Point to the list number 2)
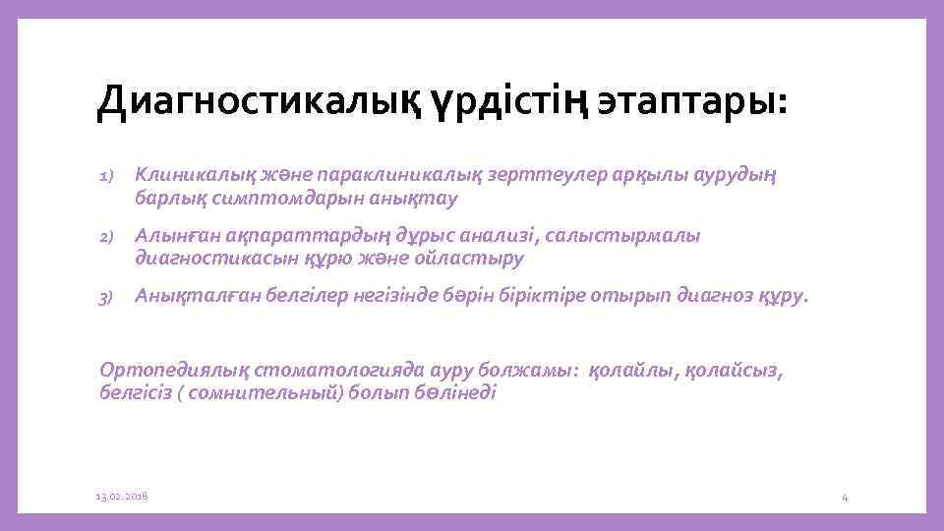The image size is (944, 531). tap(107, 238)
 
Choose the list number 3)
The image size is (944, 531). tap(107, 298)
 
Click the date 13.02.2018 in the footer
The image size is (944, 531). tap(122, 497)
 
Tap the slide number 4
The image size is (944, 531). tap(845, 498)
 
